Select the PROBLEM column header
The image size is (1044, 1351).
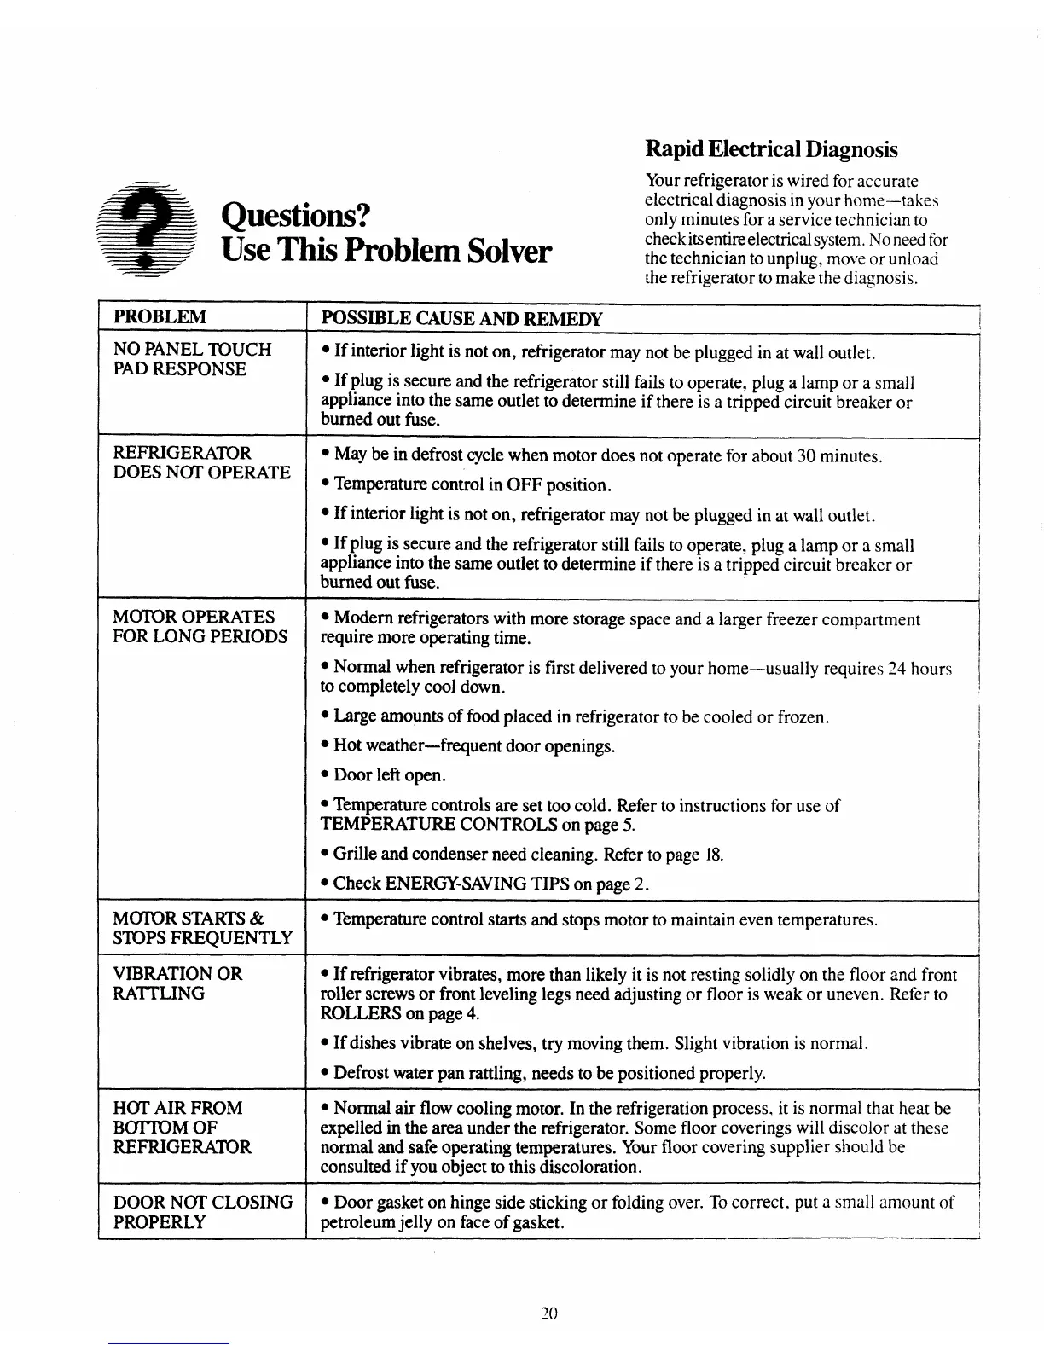click(160, 317)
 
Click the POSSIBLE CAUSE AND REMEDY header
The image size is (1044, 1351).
click(461, 319)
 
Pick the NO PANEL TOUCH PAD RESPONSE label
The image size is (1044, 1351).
click(192, 359)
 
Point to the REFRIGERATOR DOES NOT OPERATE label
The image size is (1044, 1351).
click(201, 462)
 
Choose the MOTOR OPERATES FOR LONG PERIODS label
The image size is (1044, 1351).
click(200, 627)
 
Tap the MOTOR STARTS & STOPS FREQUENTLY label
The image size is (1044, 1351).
click(202, 928)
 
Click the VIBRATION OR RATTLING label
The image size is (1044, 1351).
click(177, 983)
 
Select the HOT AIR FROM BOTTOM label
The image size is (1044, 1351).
click(182, 1128)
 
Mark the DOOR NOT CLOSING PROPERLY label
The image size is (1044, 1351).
click(202, 1212)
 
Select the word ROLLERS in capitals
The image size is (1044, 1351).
click(361, 1013)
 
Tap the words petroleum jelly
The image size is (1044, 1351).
click(376, 1222)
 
